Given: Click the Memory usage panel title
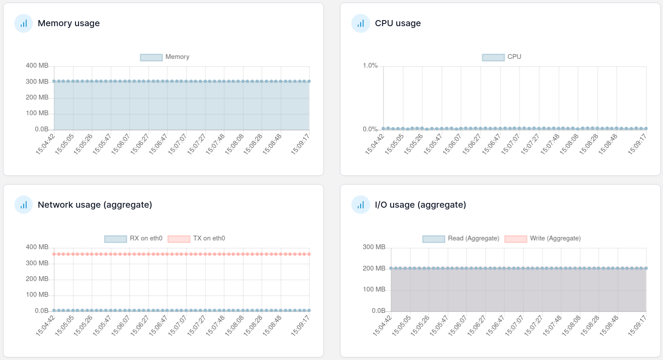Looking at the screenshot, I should coord(69,23).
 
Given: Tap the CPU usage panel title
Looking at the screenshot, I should coord(398,23).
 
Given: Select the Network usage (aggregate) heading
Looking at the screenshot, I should coord(95,205).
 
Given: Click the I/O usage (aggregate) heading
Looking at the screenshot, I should coord(420,205).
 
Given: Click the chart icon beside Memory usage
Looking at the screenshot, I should coord(24,24).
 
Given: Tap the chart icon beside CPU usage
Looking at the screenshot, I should coord(361,24).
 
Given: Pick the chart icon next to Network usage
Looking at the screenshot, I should coord(24,205).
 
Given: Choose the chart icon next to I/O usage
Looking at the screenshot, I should coord(361,205).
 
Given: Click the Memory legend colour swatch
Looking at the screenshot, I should coord(151,57).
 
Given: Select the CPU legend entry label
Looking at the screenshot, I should coord(514,57).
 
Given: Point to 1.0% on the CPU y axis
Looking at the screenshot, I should coord(370,65).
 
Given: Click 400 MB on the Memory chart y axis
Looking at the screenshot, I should coord(37,65).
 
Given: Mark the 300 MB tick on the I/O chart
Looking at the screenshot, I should coord(374,247).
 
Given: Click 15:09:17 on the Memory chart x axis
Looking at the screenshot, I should coord(300,144).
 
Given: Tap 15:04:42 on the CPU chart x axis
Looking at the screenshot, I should coord(374,144).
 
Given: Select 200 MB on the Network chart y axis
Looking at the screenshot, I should coord(37,279).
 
